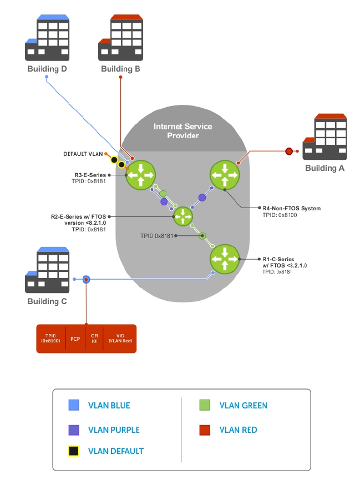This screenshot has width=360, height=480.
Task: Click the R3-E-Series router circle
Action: pos(140,176)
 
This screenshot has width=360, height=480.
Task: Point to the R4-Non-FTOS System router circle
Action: pos(225,176)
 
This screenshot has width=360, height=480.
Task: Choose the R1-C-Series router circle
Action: pos(225,259)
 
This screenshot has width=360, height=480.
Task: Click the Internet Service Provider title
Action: pos(183,131)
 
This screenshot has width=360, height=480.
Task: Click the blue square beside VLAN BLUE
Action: pos(75,406)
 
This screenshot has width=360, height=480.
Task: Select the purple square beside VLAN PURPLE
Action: pos(75,430)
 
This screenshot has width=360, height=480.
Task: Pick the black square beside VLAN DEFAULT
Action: pos(75,451)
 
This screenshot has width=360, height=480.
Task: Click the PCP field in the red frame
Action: pos(75,338)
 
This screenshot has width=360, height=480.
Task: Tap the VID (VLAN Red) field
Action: pos(120,338)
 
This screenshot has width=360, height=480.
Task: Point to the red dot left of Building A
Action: pos(289,151)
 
